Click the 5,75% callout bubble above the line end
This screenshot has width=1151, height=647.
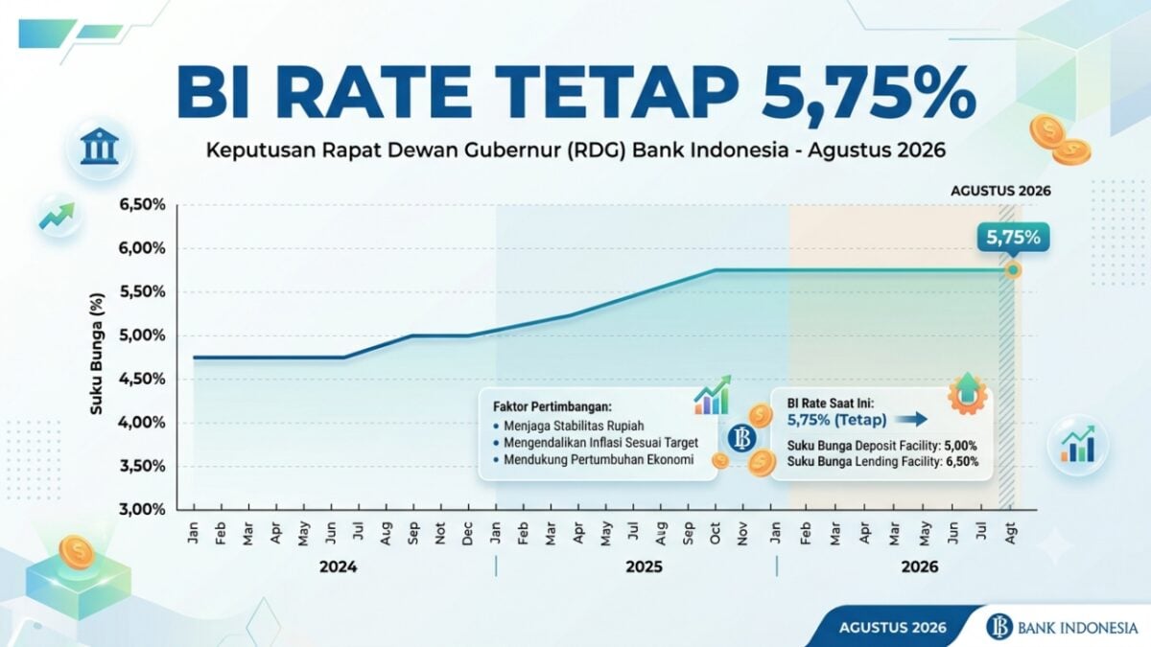click(1013, 239)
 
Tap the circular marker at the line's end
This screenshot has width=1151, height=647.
click(1013, 270)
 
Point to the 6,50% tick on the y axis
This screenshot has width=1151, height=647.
click(142, 205)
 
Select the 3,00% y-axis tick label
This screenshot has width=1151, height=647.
click(142, 510)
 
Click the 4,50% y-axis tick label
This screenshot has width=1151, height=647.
click(142, 380)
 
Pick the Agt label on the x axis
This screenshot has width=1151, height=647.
click(1011, 533)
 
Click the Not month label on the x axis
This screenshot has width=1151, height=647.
click(440, 533)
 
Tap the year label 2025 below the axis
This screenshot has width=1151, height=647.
click(644, 567)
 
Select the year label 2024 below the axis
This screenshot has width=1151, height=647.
click(338, 567)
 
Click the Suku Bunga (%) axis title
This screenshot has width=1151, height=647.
click(96, 354)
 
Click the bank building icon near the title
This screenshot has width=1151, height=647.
click(100, 147)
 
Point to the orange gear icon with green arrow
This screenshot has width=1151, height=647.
click(967, 393)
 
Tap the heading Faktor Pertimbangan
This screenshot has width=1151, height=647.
click(552, 407)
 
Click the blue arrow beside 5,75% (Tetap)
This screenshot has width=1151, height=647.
click(910, 420)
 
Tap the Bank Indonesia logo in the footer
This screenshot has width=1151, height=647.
click(1062, 628)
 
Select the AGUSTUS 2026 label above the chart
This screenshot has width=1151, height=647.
click(1000, 191)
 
